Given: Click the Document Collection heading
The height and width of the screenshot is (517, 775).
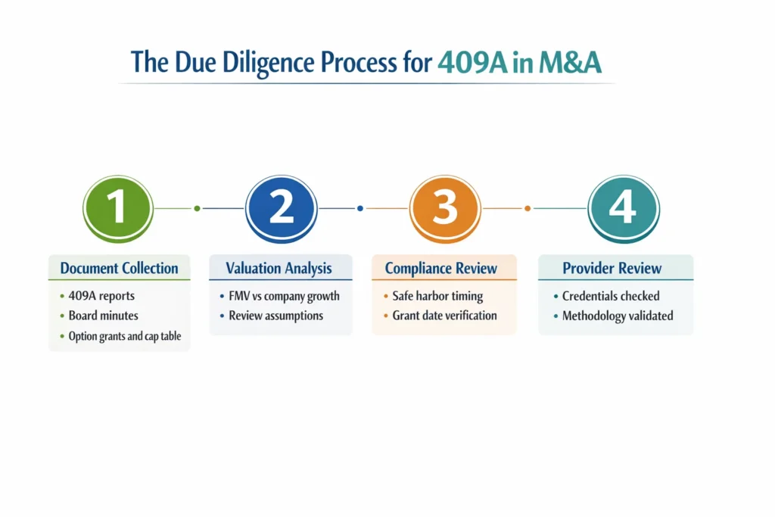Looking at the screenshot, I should coord(120,268).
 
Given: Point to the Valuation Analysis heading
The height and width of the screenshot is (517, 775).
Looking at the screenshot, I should coord(279,268).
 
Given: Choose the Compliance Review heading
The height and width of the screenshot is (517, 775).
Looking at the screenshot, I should coord(441,268).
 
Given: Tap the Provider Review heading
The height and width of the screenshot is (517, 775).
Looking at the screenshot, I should coord(612,268).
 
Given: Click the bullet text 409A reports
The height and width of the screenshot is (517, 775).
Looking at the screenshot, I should coord(101,296).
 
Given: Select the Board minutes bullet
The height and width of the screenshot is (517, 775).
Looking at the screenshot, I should coord(104,316).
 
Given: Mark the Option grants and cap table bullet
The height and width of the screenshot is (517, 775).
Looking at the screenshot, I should coord(125,336).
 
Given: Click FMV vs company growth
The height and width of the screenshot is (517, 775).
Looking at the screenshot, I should coord(285,296).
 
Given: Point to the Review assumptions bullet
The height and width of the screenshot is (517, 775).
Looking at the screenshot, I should coord(275,316).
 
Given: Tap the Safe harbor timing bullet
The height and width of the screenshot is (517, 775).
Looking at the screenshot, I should coord(437,296).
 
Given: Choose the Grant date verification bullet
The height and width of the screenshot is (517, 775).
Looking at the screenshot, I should coord(445,316).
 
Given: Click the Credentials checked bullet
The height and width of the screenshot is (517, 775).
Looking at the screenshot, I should coord(611,296).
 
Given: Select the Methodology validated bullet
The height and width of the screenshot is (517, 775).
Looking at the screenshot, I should coord(618,316).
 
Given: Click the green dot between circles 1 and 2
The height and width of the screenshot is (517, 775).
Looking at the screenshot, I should coord(197,208).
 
